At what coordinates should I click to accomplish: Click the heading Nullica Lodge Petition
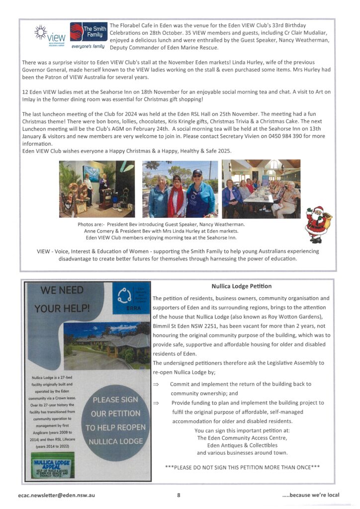click(241, 286)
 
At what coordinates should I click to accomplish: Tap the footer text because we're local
click(311, 495)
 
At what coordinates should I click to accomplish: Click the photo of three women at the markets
click(180, 189)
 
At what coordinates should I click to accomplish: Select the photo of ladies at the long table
click(261, 189)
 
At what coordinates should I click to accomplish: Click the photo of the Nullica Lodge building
click(106, 343)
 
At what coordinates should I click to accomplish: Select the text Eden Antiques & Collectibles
click(242, 445)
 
